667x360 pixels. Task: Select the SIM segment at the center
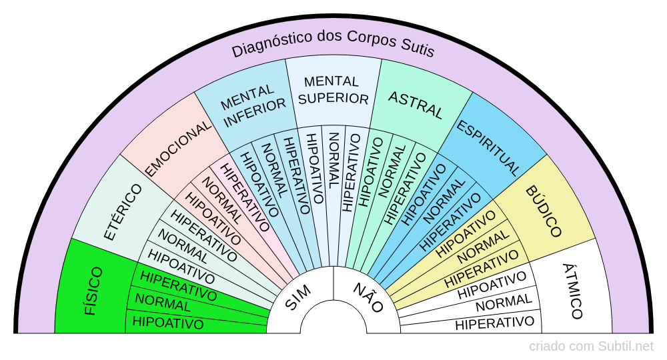pyautogui.click(x=301, y=297)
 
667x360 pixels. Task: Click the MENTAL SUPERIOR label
pyautogui.click(x=332, y=90)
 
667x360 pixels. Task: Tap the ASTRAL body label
pyautogui.click(x=416, y=105)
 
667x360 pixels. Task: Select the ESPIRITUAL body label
pyautogui.click(x=488, y=147)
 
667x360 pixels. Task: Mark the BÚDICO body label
pyautogui.click(x=543, y=212)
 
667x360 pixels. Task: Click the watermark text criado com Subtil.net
pyautogui.click(x=591, y=347)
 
